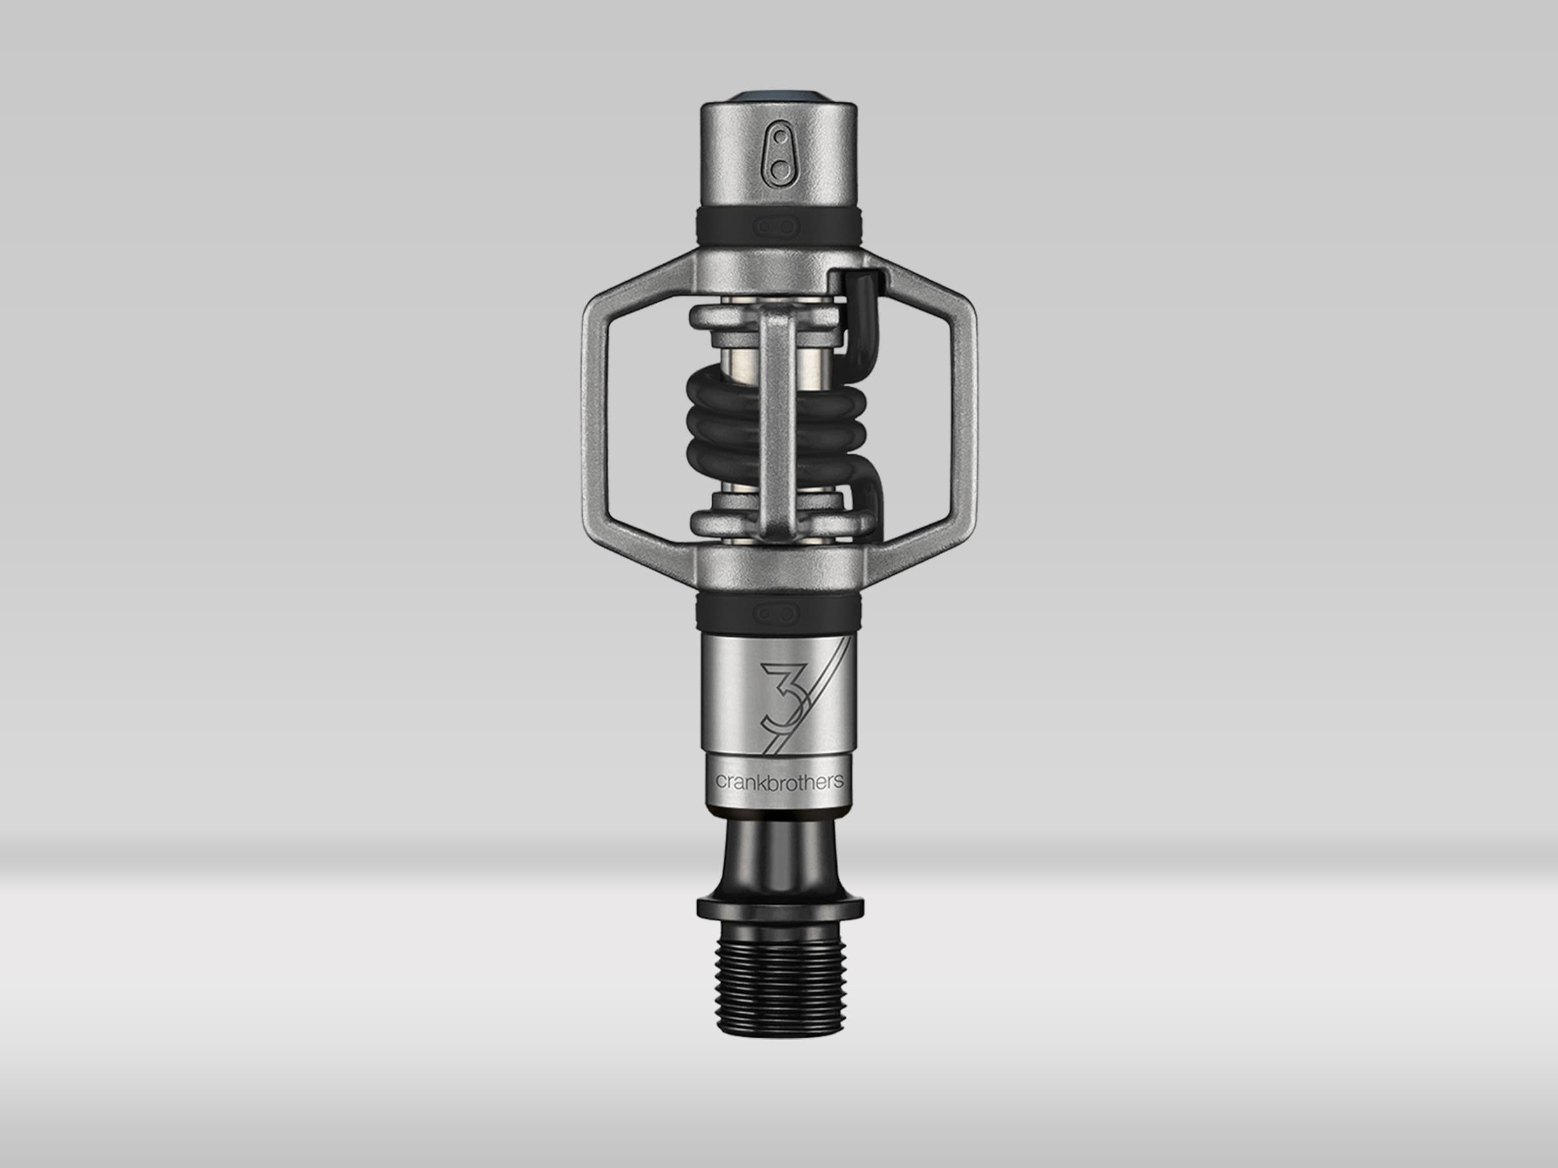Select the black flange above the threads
pyautogui.click(x=780, y=909)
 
